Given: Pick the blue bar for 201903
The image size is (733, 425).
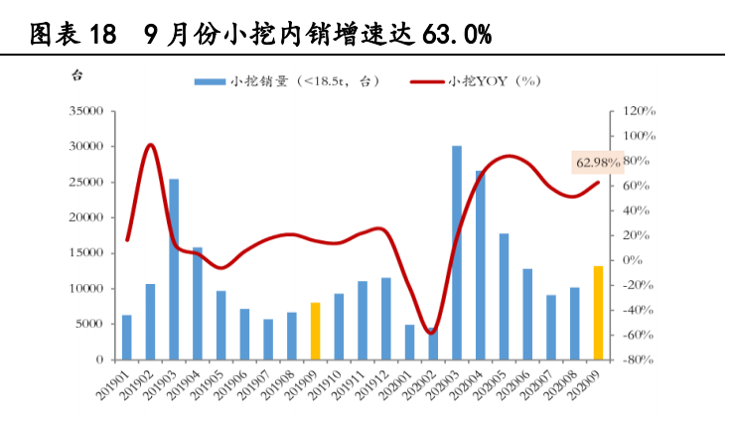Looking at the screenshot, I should pos(174,268).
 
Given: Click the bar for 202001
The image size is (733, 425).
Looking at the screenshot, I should pos(409,342).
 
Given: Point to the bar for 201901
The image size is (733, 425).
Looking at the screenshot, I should pos(126,337).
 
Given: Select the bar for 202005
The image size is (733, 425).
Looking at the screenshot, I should pos(504,296).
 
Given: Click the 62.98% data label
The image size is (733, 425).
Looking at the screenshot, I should pos(598,162).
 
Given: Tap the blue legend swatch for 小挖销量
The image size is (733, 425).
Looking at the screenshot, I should pos(210,81).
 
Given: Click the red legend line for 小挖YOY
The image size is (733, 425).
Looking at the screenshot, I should pos(427,81).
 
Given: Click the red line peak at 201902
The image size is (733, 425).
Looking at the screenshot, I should pos(150,145).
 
